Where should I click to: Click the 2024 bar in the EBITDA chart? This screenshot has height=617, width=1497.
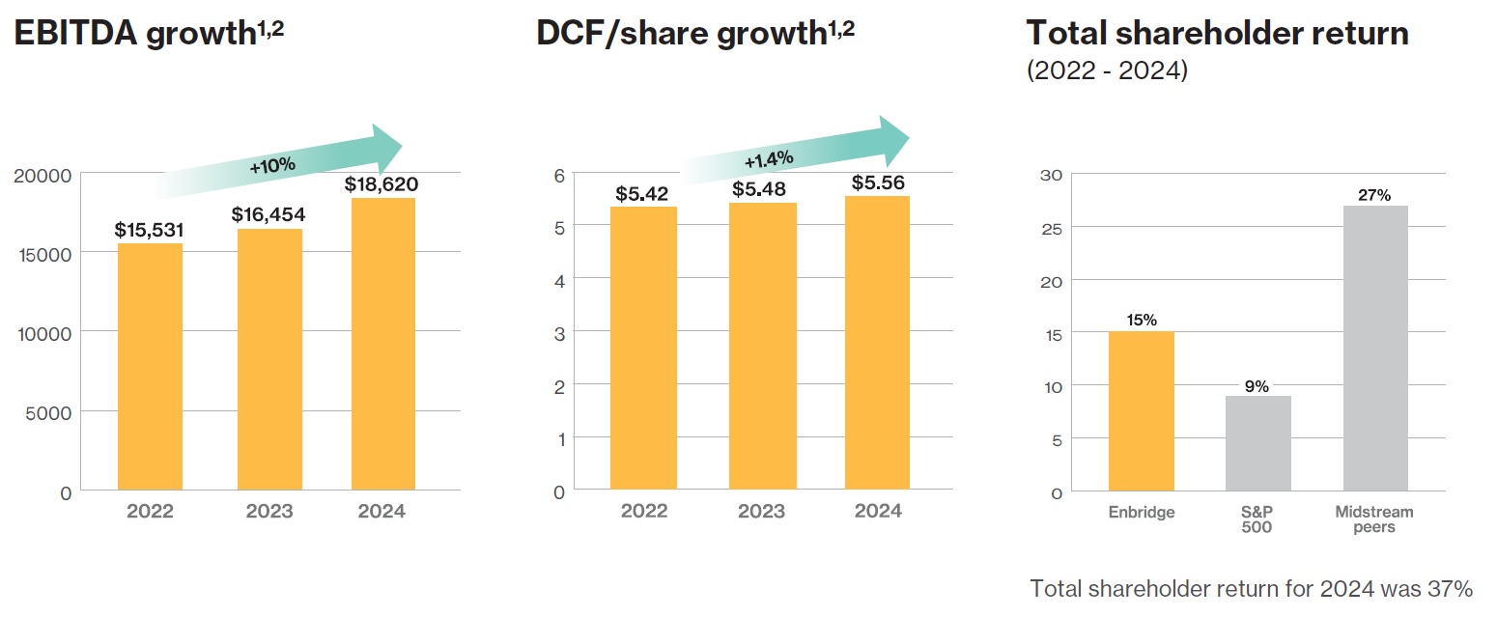coord(383,344)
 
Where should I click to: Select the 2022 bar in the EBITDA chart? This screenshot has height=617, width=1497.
coord(150,367)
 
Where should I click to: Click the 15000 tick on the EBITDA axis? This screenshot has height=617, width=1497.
coord(44,253)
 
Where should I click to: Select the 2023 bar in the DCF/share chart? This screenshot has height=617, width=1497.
coord(764,346)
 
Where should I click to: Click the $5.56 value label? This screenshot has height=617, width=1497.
coord(877,182)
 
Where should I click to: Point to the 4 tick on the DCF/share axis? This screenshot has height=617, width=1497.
coord(558,279)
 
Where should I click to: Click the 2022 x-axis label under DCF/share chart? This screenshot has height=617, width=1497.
coord(644,511)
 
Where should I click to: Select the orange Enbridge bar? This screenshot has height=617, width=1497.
coord(1142,411)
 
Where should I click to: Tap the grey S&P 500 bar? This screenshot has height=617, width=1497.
coord(1257,443)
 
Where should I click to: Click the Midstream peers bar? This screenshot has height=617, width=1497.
coord(1374,348)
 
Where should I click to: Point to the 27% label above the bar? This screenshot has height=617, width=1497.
coord(1374,195)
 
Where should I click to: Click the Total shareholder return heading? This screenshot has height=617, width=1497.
coord(1217,34)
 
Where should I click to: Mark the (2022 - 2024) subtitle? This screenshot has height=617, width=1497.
coord(1106,71)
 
